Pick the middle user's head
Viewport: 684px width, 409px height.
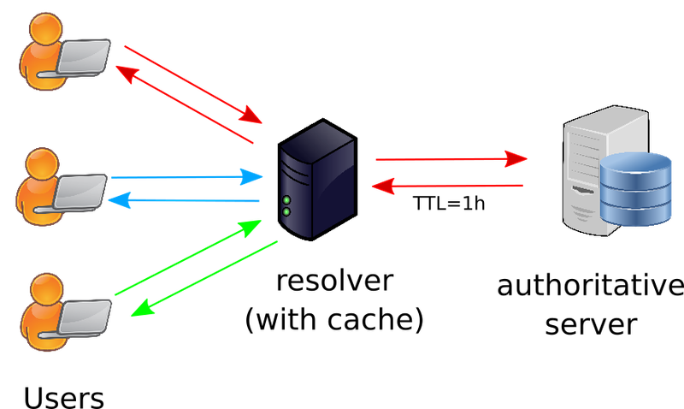click(39, 162)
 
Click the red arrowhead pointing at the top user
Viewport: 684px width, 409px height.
click(125, 74)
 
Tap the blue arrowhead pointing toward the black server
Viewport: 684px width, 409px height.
click(251, 176)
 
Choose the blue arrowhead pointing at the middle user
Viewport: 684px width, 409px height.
click(121, 201)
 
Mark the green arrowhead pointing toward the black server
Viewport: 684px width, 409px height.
click(249, 228)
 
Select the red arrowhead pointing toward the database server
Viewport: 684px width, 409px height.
click(516, 158)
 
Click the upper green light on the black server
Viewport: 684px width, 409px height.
click(286, 200)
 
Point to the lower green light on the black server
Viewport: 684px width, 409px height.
click(286, 211)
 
